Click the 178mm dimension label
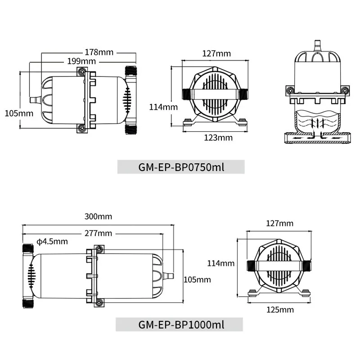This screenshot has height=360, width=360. pyautogui.click(x=99, y=52)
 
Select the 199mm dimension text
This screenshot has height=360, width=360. pyautogui.click(x=81, y=61)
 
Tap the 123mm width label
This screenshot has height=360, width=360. pyautogui.click(x=218, y=138)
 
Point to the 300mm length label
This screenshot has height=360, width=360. pyautogui.click(x=98, y=216)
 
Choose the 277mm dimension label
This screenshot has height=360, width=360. pyautogui.click(x=98, y=233)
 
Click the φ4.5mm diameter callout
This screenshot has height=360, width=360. pyautogui.click(x=52, y=242)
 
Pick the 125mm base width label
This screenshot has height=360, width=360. pyautogui.click(x=280, y=310)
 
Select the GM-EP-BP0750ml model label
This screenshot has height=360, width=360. pyautogui.click(x=181, y=167)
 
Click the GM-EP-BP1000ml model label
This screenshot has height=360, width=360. pyautogui.click(x=181, y=324)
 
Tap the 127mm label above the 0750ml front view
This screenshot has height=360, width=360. pyautogui.click(x=216, y=54)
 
